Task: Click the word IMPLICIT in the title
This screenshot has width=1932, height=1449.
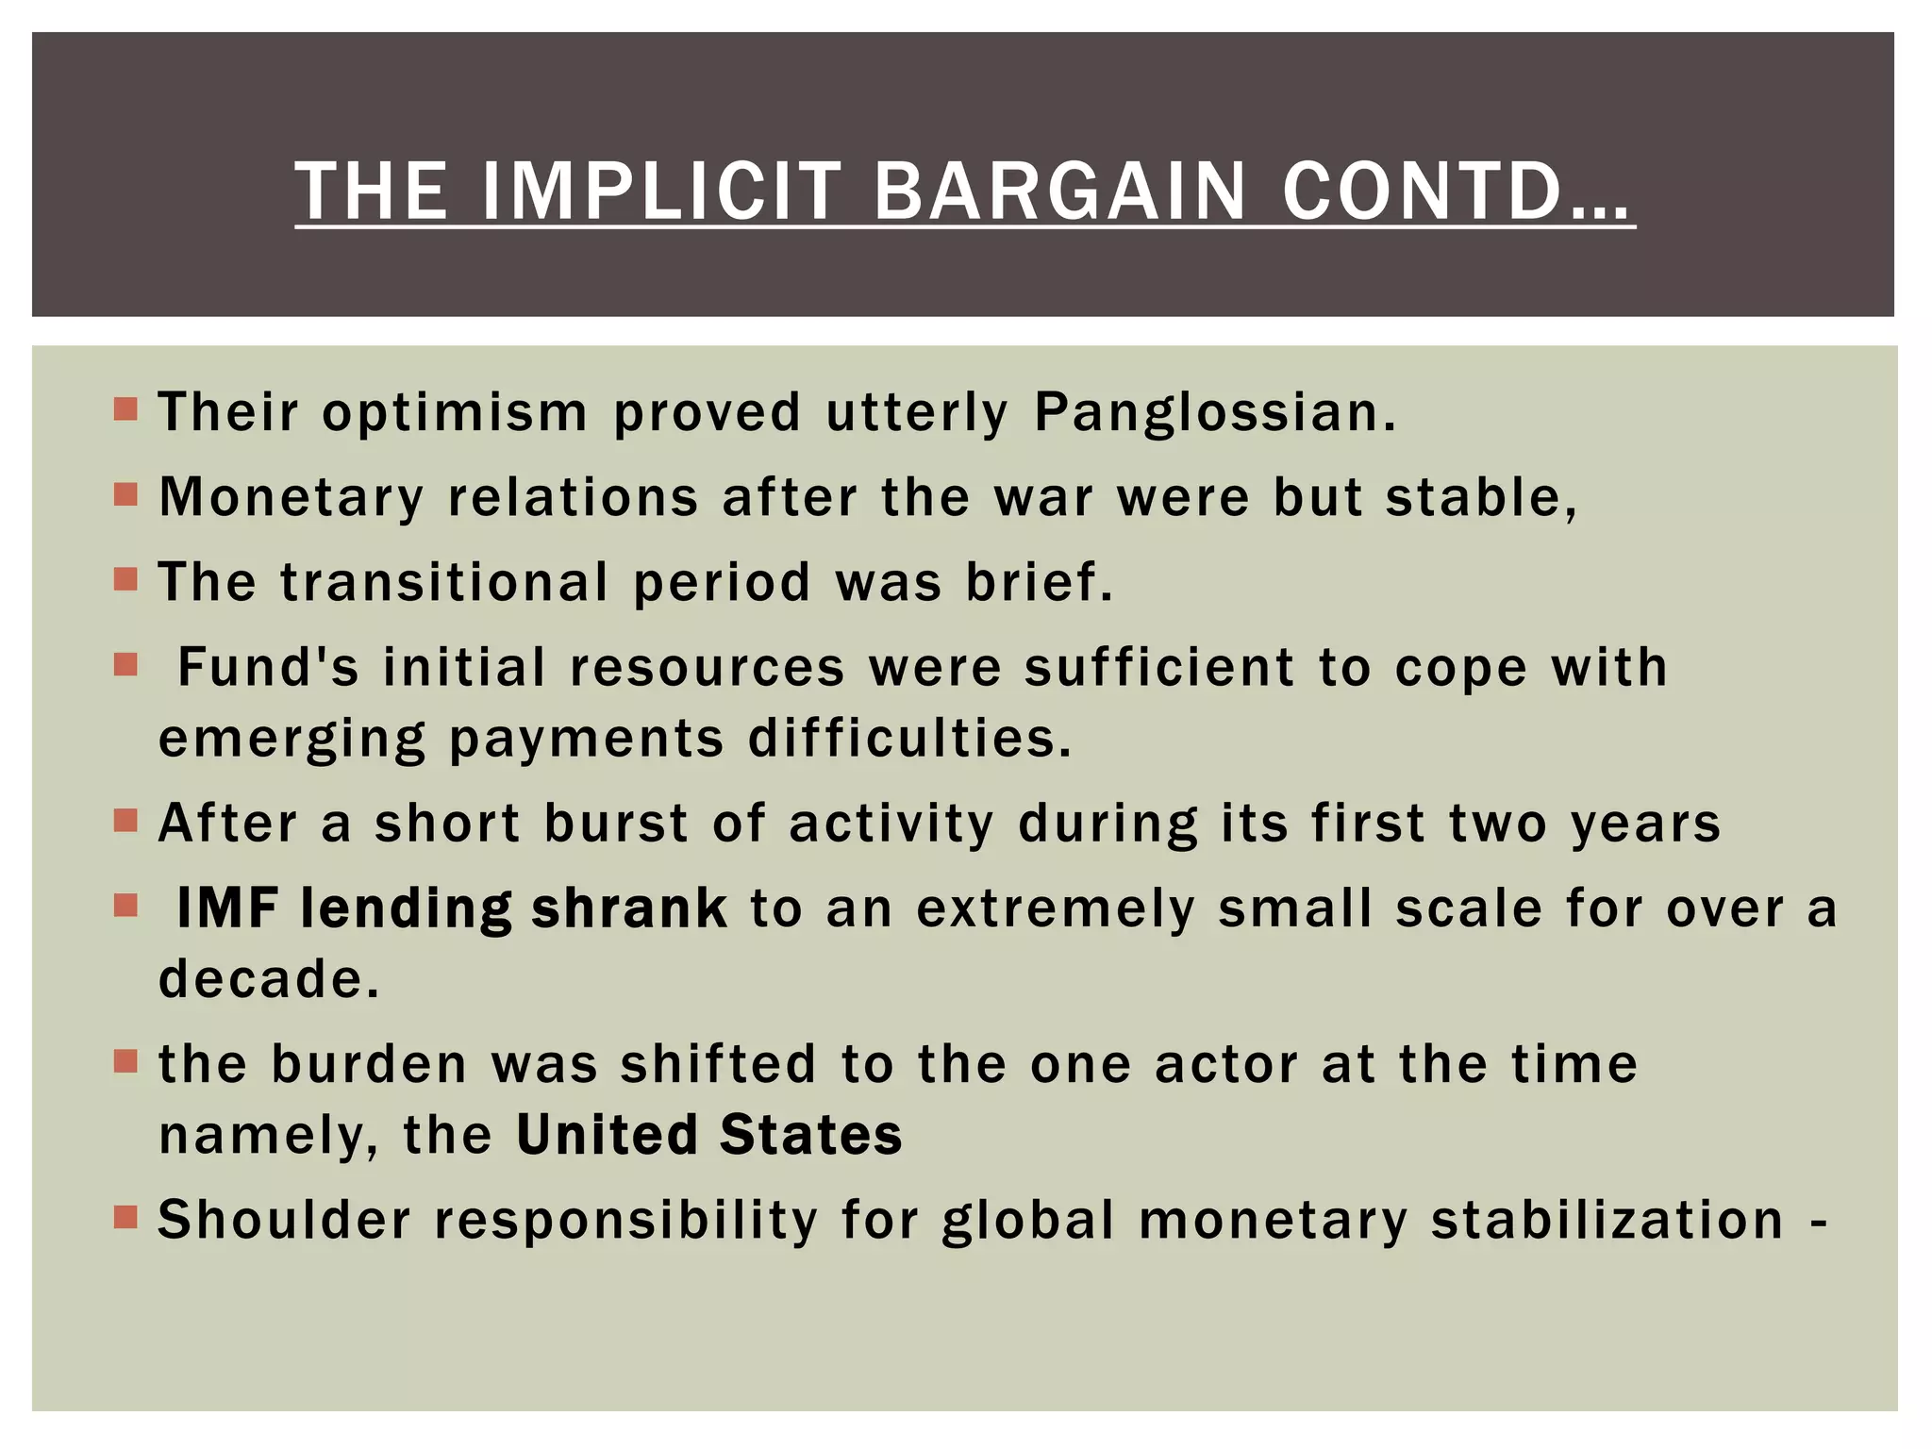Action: (660, 192)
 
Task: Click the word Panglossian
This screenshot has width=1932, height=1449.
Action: (1214, 413)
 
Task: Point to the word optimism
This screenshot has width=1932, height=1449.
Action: (455, 413)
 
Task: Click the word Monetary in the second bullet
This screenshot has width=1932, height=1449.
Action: (291, 498)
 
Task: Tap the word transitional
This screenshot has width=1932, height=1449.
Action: (444, 582)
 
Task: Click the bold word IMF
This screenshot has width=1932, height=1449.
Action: (227, 908)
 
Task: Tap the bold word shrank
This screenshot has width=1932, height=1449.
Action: (629, 908)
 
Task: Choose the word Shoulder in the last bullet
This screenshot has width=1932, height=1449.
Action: (285, 1220)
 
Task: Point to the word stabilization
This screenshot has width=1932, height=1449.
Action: (1607, 1220)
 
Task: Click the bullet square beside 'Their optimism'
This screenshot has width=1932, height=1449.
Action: (125, 409)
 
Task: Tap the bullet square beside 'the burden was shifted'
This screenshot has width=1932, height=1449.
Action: (125, 1062)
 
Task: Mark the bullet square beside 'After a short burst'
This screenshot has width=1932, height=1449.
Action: (125, 821)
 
